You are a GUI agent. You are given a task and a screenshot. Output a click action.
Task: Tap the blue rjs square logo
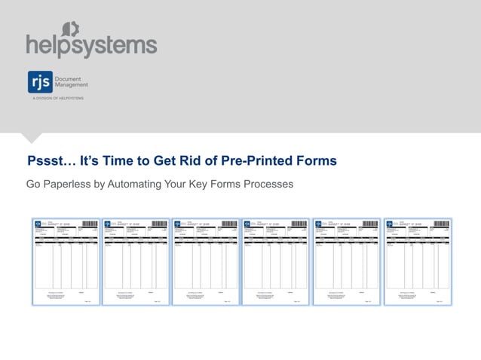39,82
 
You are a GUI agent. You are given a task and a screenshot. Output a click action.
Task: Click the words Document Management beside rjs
72,82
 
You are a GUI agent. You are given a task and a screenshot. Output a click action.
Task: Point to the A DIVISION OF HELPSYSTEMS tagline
57,99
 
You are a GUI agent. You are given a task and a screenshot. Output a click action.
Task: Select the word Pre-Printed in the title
258,161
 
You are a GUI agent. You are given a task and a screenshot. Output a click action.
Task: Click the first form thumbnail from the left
65,261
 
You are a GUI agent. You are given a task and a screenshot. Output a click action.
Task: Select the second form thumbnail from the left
135,261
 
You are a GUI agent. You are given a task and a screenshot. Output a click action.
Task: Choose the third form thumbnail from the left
205,261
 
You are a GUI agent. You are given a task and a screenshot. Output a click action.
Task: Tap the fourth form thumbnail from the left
275,261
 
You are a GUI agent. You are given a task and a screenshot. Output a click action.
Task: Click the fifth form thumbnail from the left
345,261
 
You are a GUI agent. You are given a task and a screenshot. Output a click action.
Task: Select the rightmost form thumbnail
416,261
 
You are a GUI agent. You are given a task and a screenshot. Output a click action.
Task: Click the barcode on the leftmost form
90,224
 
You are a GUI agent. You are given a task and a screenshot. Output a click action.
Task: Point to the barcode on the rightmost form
441,224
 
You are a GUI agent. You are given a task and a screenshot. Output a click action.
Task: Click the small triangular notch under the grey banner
31,137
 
